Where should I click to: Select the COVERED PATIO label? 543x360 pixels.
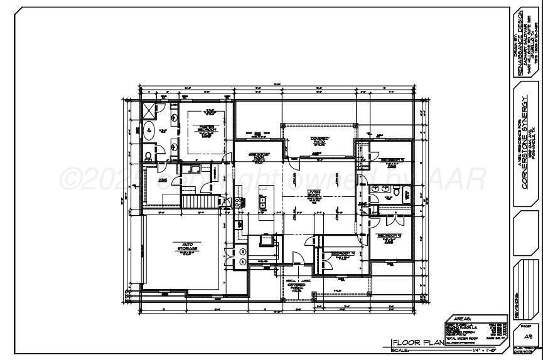pyautogui.click(x=320, y=140)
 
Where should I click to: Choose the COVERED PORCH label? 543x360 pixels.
pyautogui.click(x=296, y=286)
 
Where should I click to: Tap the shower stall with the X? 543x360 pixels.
pyautogui.click(x=148, y=110)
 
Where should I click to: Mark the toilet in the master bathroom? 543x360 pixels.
pyautogui.click(x=148, y=156)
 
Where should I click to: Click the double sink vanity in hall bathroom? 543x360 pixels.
pyautogui.click(x=379, y=188)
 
